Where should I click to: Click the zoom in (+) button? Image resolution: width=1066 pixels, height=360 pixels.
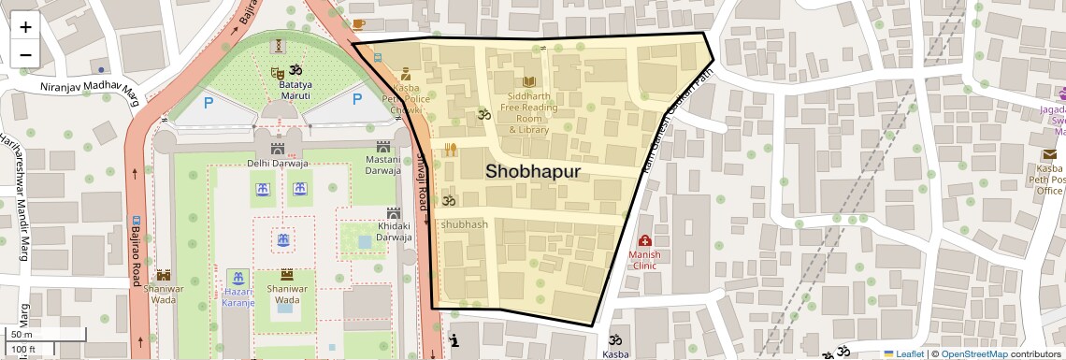(25, 26)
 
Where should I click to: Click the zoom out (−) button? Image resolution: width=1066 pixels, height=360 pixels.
(25, 54)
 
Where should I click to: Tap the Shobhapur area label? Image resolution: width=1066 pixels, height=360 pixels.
(533, 171)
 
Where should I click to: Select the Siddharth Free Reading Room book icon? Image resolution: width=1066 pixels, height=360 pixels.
(530, 82)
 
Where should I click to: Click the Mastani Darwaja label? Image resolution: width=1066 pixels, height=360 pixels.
(382, 166)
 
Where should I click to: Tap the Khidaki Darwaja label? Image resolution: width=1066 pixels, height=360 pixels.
(394, 231)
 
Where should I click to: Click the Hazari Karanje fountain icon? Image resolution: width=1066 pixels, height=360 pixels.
(238, 278)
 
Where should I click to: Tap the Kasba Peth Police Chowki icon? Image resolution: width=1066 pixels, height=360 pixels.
(406, 74)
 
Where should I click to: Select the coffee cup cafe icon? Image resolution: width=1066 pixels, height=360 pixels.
(359, 23)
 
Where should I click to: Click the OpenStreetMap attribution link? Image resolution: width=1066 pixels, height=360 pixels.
(973, 353)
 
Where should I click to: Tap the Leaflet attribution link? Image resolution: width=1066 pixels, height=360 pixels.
(904, 353)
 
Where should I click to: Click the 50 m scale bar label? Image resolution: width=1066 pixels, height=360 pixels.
(22, 334)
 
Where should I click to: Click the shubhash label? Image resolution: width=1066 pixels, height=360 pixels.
(464, 224)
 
